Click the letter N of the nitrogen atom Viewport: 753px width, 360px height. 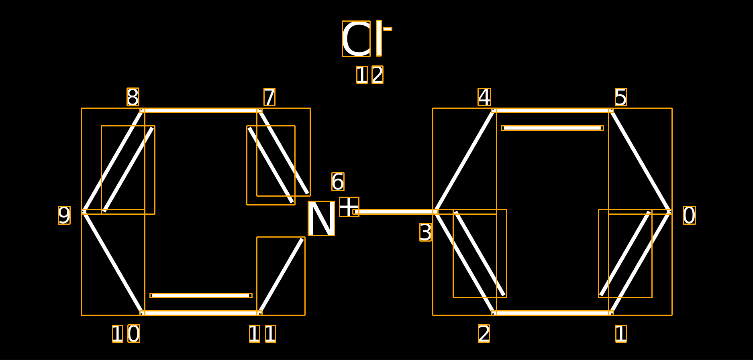click(321, 218)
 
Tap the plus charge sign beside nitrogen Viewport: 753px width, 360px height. click(349, 207)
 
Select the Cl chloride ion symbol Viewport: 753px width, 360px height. click(361, 39)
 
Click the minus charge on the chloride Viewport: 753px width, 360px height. click(388, 29)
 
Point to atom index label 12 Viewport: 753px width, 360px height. click(370, 75)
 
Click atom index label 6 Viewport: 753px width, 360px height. click(338, 181)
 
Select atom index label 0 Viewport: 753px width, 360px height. click(689, 215)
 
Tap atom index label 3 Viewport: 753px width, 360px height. click(425, 232)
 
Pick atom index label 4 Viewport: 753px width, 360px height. click(484, 97)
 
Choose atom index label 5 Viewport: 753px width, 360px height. click(620, 97)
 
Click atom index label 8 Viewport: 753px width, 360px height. click(133, 97)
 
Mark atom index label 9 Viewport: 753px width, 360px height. click(64, 215)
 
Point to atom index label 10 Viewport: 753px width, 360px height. click(126, 334)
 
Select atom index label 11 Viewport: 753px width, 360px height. click(263, 334)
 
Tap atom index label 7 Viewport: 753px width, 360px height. click(269, 97)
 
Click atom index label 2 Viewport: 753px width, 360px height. click(484, 334)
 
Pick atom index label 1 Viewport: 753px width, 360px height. click(621, 334)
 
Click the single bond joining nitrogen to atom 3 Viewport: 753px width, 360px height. click(396, 212)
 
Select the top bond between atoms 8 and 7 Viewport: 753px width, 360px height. click(201, 110)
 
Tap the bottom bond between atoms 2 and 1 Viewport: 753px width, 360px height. click(552, 313)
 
